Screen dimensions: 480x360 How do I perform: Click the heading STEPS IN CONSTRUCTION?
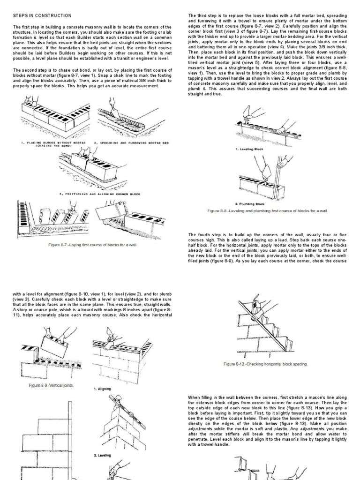[x=42, y=15]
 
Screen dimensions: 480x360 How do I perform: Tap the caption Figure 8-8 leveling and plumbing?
[x=268, y=211]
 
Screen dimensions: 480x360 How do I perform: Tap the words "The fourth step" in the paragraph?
[x=203, y=234]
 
